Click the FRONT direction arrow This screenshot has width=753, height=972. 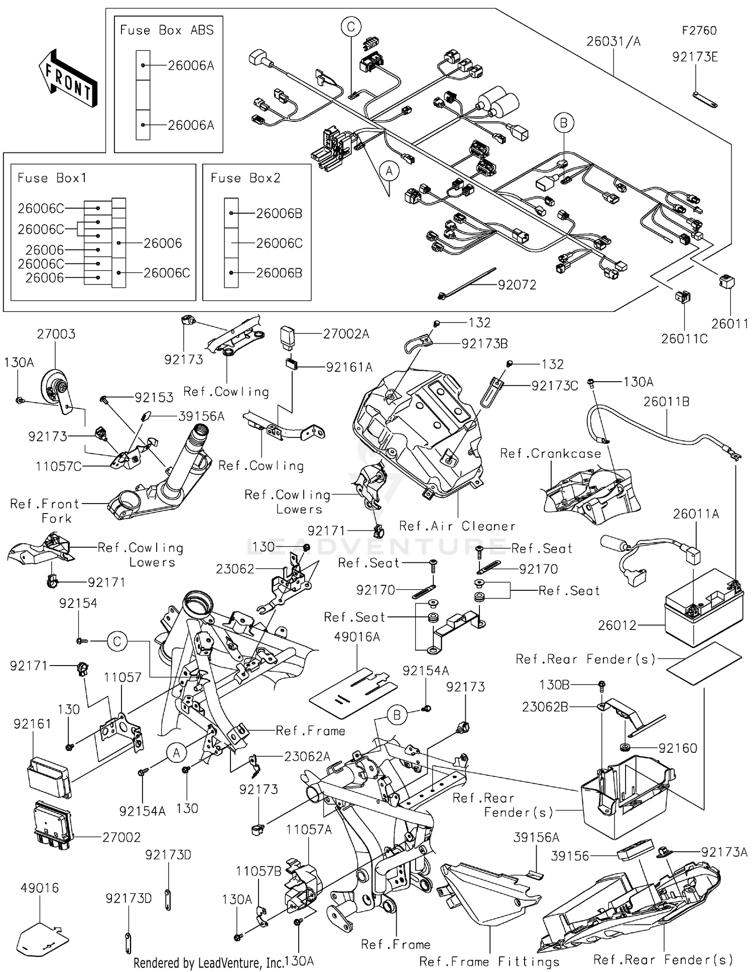pos(68,78)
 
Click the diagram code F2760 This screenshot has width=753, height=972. pos(699,31)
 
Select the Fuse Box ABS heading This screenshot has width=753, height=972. pos(167,30)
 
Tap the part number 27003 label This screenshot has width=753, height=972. pos(56,334)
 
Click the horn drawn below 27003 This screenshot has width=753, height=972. pos(55,389)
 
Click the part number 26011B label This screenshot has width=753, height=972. pos(666,401)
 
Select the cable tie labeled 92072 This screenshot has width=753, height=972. pos(467,283)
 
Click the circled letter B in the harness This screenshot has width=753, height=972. pos(564,123)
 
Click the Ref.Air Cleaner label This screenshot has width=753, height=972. pos(457,526)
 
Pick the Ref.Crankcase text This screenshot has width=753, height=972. pos(550,453)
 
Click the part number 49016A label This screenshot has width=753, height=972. pos(357,637)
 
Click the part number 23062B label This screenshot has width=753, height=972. pos(545,707)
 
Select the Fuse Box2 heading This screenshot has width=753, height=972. pos(245,178)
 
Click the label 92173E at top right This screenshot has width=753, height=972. pos(695,57)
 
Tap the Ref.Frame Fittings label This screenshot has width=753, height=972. pos(489,961)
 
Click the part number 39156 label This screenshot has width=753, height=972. pos(570,856)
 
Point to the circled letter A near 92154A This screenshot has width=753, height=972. pos(176,753)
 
